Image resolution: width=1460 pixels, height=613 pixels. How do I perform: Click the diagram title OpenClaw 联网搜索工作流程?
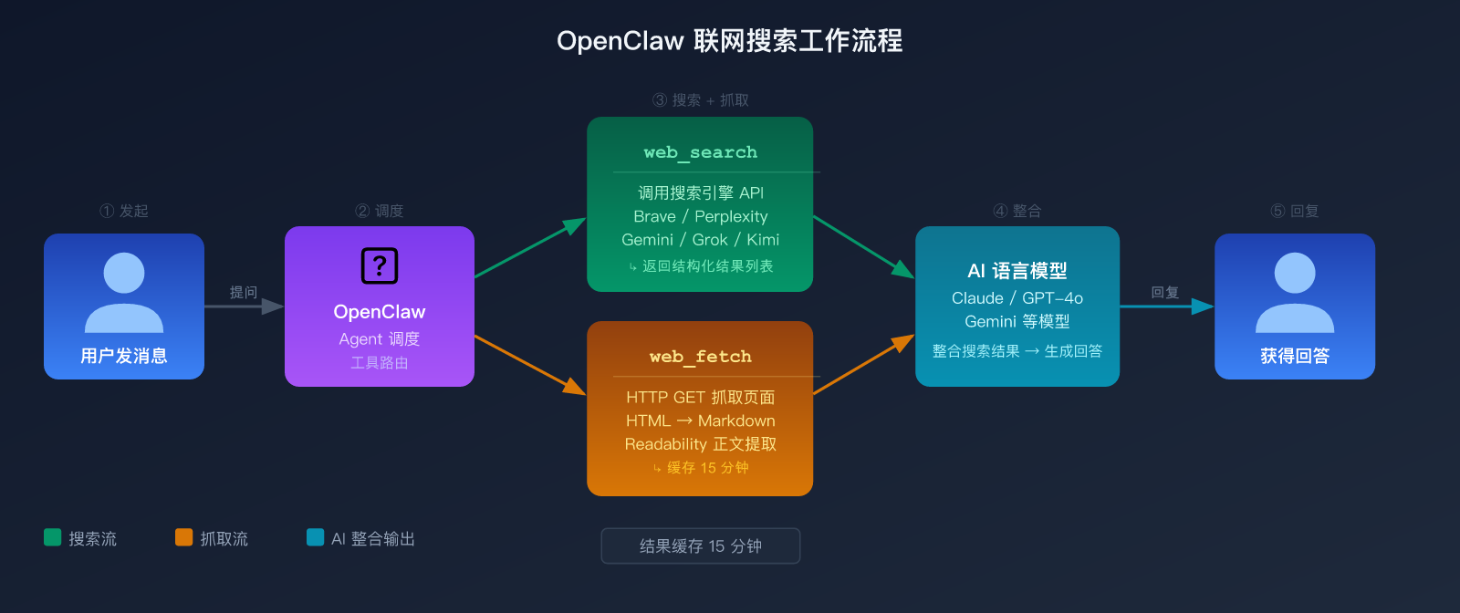pyautogui.click(x=729, y=41)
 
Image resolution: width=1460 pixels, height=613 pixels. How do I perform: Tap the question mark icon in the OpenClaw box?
pyautogui.click(x=380, y=265)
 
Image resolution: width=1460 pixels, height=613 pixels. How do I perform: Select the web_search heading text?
pyautogui.click(x=700, y=152)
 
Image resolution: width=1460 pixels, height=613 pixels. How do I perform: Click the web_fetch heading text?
pyautogui.click(x=700, y=357)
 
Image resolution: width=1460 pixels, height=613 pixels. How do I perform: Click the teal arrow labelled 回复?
pyautogui.click(x=1166, y=306)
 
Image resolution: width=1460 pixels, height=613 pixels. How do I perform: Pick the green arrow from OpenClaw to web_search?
pyautogui.click(x=529, y=248)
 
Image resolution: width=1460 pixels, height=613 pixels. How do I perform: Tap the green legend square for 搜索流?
pyautogui.click(x=53, y=537)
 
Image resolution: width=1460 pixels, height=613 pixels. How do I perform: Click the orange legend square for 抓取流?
pyautogui.click(x=184, y=537)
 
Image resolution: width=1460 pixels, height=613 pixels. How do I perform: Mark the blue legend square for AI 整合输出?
pyautogui.click(x=316, y=537)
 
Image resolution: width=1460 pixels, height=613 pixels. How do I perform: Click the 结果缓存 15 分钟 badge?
pyautogui.click(x=700, y=545)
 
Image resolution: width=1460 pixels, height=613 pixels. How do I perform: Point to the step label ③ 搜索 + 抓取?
pyautogui.click(x=700, y=100)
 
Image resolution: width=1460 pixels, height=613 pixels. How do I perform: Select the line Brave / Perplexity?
pyautogui.click(x=700, y=216)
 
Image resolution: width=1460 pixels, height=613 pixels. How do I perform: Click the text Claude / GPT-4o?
pyautogui.click(x=1017, y=298)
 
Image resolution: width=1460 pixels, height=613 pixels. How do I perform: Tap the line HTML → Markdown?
pyautogui.click(x=700, y=421)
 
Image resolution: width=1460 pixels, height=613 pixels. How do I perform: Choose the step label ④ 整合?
pyautogui.click(x=1017, y=211)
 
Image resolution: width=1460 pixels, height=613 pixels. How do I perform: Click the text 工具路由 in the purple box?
pyautogui.click(x=380, y=363)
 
